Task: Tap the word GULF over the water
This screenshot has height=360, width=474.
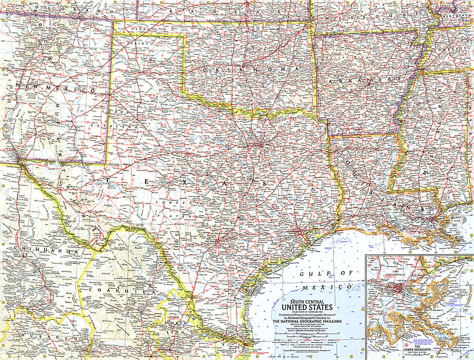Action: coord(313,274)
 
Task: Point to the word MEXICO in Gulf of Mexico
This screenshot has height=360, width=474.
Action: coord(334,287)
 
